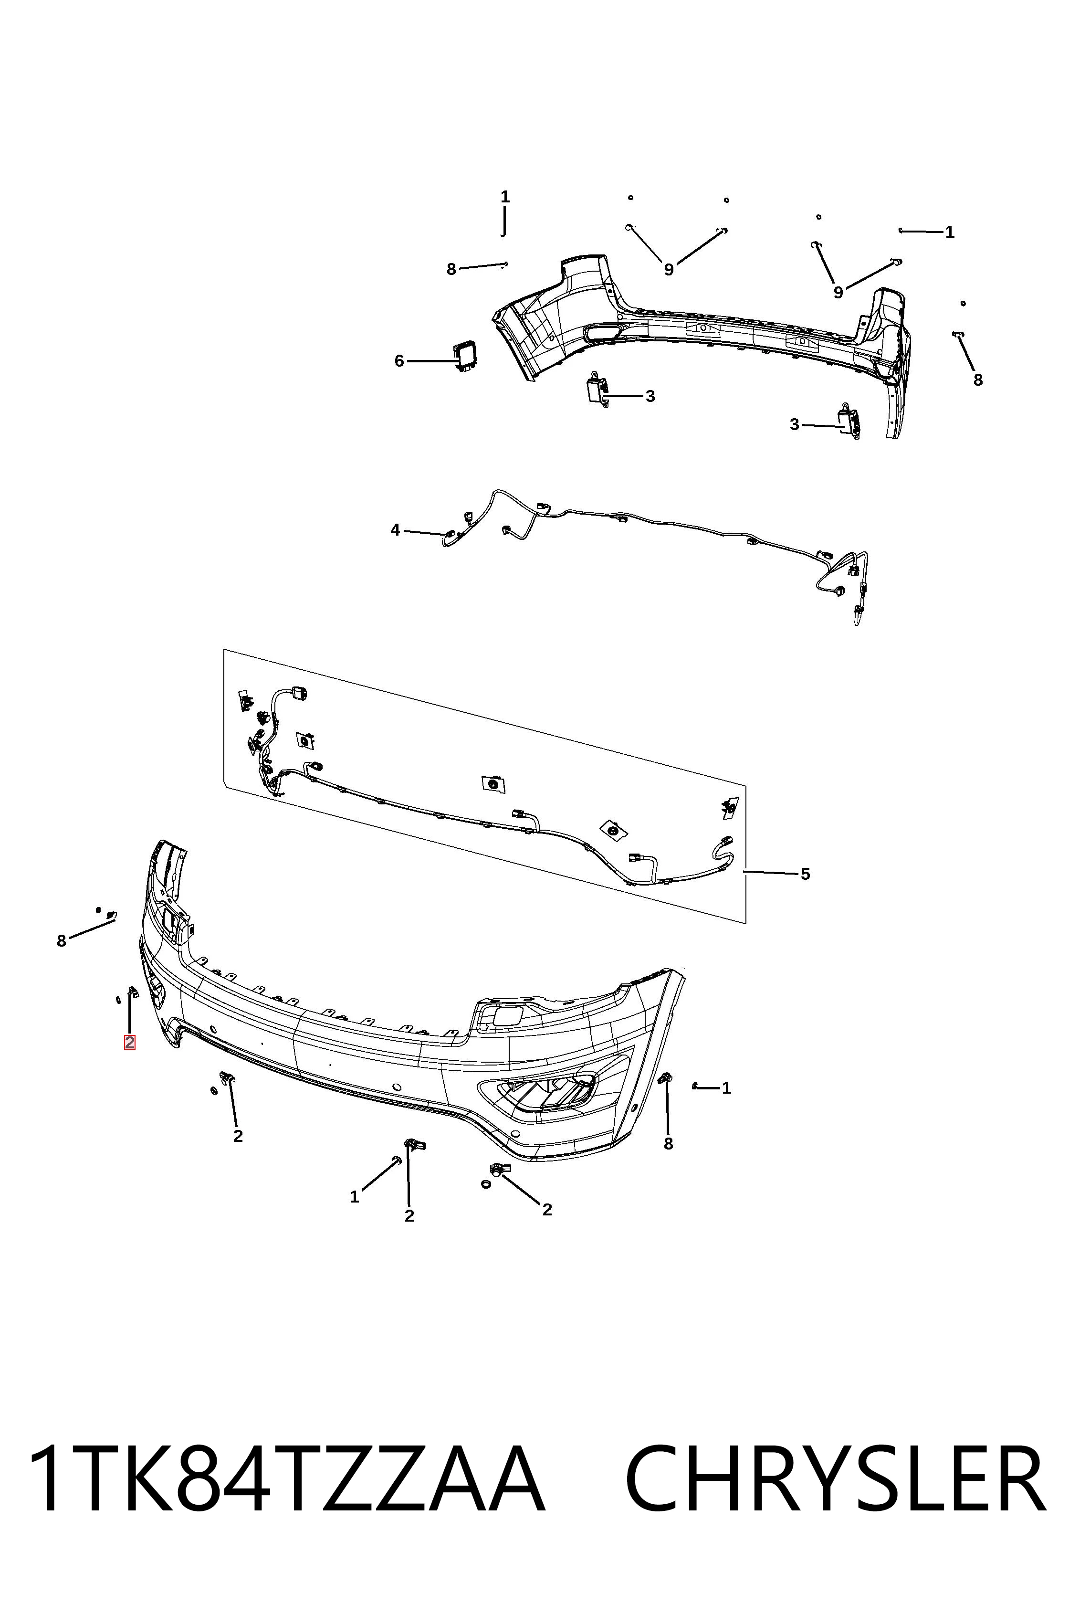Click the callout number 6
pyautogui.click(x=399, y=361)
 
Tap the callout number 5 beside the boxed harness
pyautogui.click(x=805, y=874)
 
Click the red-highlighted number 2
pyautogui.click(x=129, y=1042)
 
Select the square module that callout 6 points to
pyautogui.click(x=466, y=357)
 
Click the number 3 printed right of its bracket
pyautogui.click(x=650, y=396)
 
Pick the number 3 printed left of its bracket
pyautogui.click(x=794, y=425)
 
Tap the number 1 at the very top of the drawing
pyautogui.click(x=505, y=197)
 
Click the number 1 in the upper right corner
pyautogui.click(x=950, y=232)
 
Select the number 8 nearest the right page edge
pyautogui.click(x=978, y=380)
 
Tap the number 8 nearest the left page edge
pyautogui.click(x=62, y=940)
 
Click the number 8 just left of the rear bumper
pyautogui.click(x=451, y=269)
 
